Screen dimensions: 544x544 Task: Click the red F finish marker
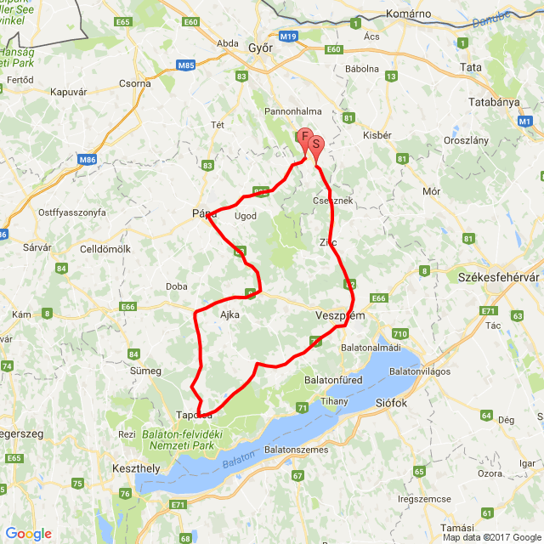tap(304, 137)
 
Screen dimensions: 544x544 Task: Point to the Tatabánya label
tap(494, 101)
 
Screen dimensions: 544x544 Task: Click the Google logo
tap(28, 534)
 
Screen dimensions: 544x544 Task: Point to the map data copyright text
tap(490, 537)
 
